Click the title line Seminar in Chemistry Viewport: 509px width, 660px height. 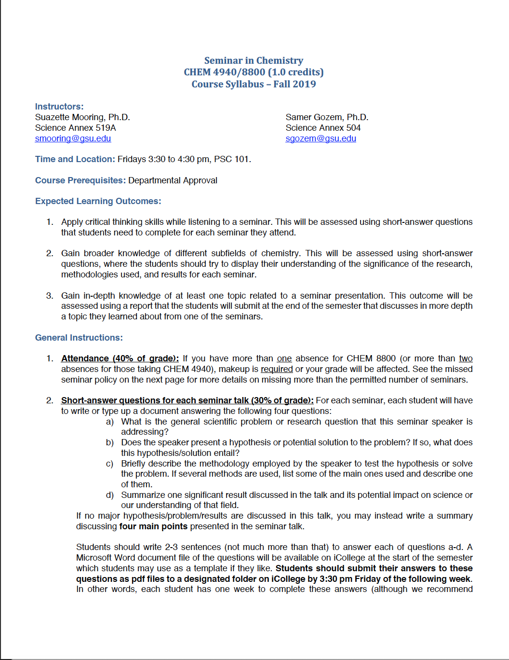click(x=254, y=60)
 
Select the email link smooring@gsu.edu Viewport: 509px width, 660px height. click(x=73, y=138)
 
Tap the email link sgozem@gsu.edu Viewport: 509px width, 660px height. click(x=321, y=138)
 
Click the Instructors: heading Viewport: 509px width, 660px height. click(x=59, y=107)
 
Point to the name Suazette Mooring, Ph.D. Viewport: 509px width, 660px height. click(x=82, y=117)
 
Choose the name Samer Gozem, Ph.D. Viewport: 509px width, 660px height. click(x=327, y=117)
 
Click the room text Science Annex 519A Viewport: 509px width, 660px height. click(x=75, y=128)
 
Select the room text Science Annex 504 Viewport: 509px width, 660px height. click(x=323, y=128)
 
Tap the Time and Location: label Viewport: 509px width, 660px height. click(x=75, y=159)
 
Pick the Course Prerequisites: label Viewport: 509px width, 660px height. click(x=80, y=180)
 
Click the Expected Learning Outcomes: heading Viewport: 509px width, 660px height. click(x=98, y=201)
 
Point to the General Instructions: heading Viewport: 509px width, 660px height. click(x=79, y=338)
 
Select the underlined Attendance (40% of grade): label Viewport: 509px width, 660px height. click(x=120, y=358)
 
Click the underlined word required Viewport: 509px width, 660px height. click(x=277, y=369)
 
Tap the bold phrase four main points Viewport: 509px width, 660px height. click(x=153, y=526)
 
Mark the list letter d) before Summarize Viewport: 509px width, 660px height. click(x=110, y=495)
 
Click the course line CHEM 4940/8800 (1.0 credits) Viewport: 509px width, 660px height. click(x=254, y=72)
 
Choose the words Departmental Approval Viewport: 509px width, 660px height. click(x=173, y=180)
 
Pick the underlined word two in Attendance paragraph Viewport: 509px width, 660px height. click(x=466, y=358)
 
